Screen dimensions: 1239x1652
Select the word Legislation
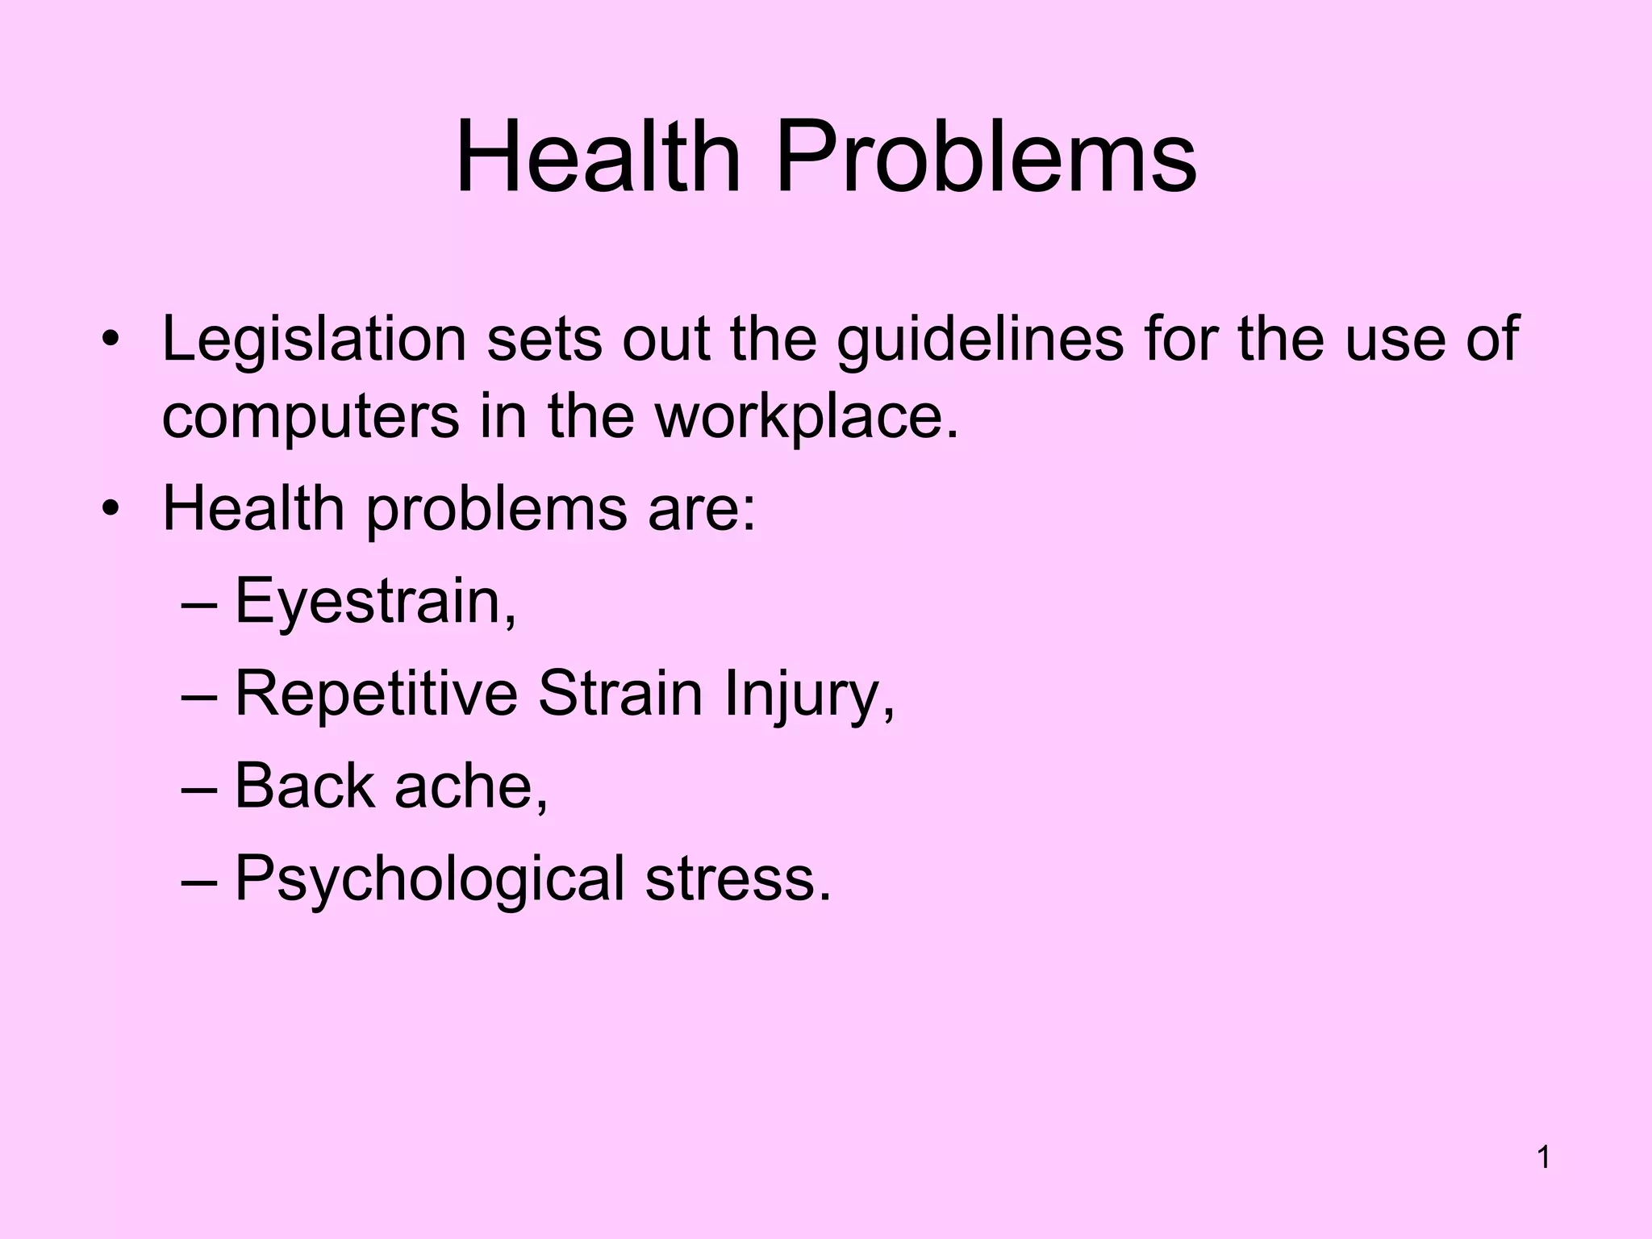tap(315, 340)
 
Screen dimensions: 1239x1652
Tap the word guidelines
tap(980, 340)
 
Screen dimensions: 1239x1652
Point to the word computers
tap(311, 417)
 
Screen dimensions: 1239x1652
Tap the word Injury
tap(808, 695)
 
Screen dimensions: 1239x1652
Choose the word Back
tap(304, 786)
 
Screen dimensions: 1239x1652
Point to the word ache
tap(470, 786)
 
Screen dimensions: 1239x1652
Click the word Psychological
tap(429, 879)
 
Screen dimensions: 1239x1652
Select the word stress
tap(736, 879)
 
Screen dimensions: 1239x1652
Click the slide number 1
tap(1544, 1158)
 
